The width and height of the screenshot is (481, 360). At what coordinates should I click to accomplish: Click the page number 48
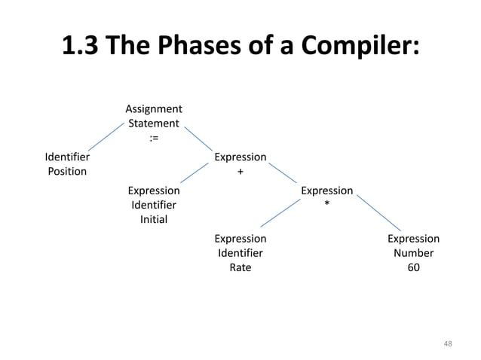point(448,343)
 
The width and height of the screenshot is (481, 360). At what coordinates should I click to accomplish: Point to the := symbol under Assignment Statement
point(153,138)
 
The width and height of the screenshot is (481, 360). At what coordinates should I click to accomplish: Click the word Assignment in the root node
point(153,109)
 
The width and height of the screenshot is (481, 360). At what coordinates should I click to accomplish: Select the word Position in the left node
point(67,171)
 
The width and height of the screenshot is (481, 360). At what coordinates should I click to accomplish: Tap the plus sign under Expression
point(240,172)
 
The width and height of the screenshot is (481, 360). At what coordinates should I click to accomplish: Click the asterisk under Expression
point(326,204)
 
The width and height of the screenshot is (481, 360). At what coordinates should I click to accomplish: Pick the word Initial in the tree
point(154,219)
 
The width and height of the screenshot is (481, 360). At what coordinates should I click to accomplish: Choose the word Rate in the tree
point(240,267)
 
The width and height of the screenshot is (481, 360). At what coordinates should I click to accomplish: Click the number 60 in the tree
point(413,267)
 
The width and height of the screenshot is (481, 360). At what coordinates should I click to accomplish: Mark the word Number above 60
point(413,253)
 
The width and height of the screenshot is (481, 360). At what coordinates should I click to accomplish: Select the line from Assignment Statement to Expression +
point(199,139)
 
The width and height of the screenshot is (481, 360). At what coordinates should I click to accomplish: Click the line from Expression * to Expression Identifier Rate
point(280,212)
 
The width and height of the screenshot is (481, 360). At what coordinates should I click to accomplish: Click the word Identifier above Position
point(67,157)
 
